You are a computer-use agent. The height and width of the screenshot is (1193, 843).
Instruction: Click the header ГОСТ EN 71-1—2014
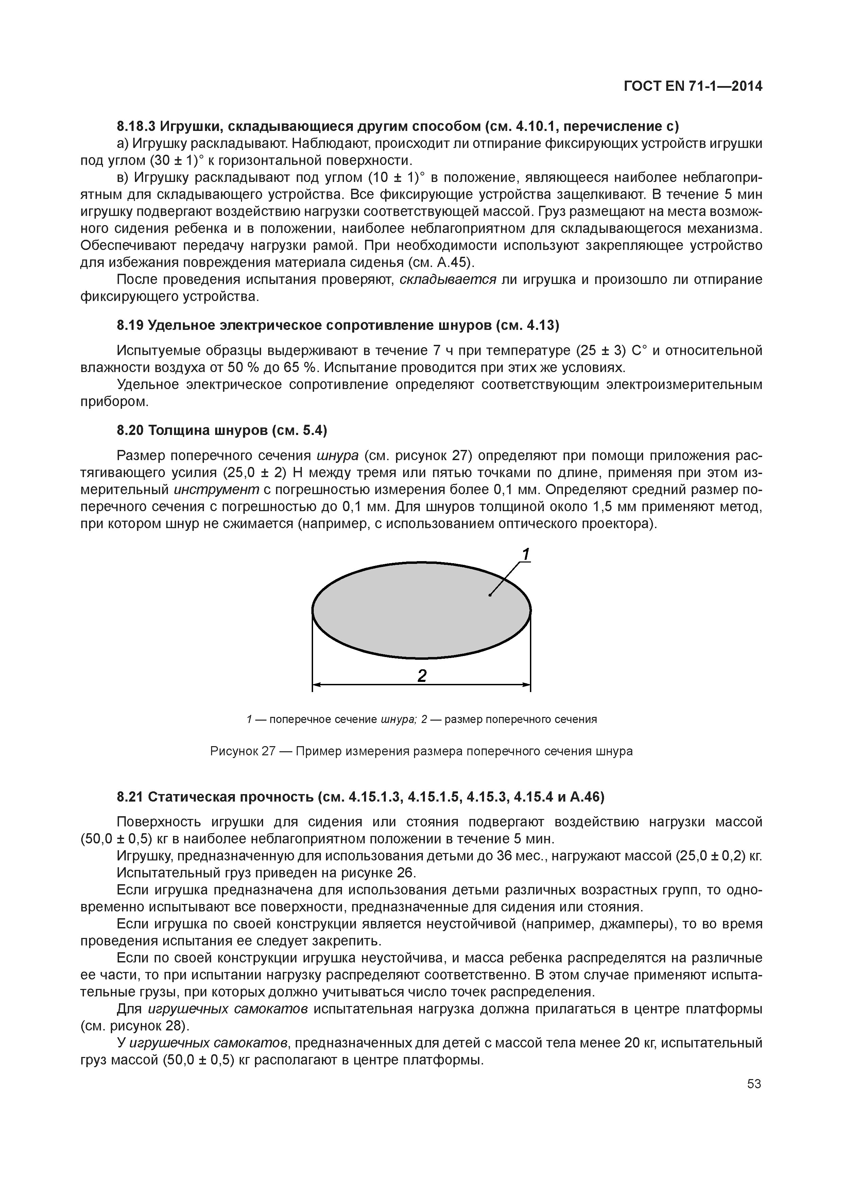[693, 86]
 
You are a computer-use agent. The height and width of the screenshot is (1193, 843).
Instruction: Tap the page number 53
[754, 1084]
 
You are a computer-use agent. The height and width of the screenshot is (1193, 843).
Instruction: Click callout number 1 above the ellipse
[526, 555]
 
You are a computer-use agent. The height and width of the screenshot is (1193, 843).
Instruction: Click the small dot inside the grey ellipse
[489, 595]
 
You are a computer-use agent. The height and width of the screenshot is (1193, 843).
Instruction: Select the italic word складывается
[448, 280]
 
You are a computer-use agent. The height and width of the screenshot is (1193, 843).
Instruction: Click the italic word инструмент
[216, 489]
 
